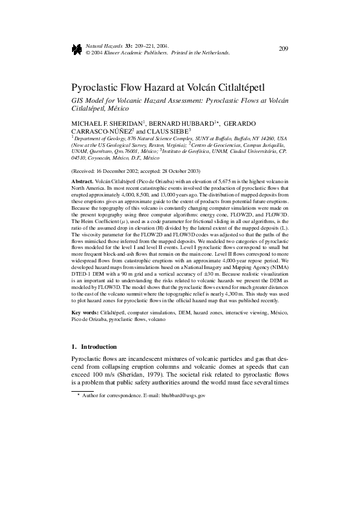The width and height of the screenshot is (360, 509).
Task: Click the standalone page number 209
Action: pos(283,48)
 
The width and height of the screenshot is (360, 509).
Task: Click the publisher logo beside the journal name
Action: pos(77,50)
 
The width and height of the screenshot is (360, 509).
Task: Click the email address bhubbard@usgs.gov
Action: pos(183,395)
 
